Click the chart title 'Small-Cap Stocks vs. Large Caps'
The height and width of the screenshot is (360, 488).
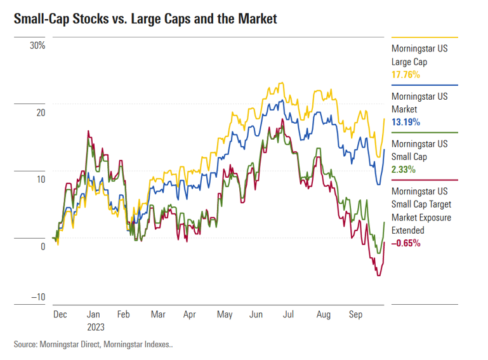(145, 19)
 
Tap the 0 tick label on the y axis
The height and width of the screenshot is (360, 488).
(43, 247)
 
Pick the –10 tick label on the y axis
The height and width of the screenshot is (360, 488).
(37, 297)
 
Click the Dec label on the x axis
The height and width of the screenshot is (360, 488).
(60, 314)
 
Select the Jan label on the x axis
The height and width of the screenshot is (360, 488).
(93, 314)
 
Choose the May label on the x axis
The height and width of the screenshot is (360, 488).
(225, 314)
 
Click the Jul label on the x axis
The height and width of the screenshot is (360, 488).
(289, 314)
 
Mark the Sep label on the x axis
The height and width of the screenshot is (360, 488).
(355, 314)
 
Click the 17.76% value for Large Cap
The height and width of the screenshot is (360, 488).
(406, 75)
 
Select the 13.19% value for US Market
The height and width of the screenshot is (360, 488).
(406, 122)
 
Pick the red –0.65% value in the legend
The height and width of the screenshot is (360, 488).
(406, 243)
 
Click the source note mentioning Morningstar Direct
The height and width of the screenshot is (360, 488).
(93, 345)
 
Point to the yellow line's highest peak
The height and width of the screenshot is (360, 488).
(280, 83)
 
